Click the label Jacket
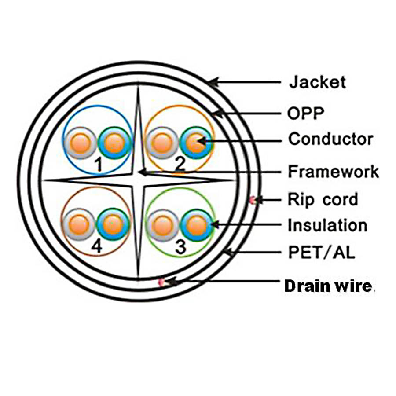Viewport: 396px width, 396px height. [x=317, y=82]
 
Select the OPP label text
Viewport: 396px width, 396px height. [x=306, y=114]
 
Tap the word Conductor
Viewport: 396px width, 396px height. [x=330, y=139]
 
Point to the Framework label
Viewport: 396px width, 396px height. [x=333, y=172]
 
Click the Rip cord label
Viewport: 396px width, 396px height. [x=323, y=199]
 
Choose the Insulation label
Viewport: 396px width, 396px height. [x=327, y=225]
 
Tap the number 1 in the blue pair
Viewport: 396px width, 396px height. [x=99, y=165]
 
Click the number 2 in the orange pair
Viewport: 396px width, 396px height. [x=180, y=164]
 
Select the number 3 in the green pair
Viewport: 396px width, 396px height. [x=180, y=248]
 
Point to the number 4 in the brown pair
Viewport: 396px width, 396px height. [x=97, y=247]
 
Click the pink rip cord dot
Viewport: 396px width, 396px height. [x=253, y=200]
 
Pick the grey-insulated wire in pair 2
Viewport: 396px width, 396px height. [x=162, y=143]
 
